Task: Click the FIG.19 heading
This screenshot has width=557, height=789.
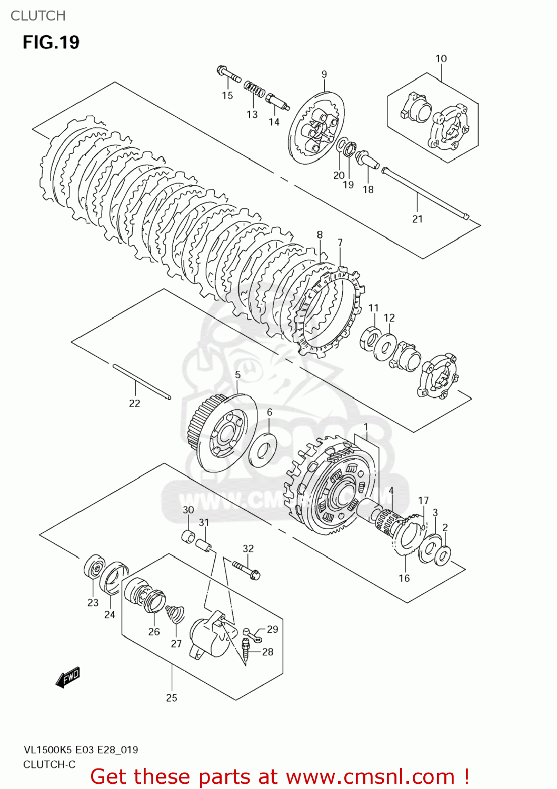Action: (x=51, y=42)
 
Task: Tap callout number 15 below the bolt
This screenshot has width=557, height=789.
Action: (x=227, y=95)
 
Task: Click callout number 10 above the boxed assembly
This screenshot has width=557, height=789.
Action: (x=441, y=58)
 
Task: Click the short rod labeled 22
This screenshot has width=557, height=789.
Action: (x=141, y=382)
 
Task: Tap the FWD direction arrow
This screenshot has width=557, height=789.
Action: (x=68, y=677)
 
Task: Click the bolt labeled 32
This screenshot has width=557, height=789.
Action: (x=246, y=570)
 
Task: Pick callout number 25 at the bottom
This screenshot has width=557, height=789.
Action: (x=172, y=697)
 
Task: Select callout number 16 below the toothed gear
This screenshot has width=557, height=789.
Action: (x=404, y=578)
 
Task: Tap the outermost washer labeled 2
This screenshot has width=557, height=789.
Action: (x=443, y=555)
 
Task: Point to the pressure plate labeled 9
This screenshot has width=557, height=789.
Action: (x=316, y=129)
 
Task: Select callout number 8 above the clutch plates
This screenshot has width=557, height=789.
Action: (x=320, y=235)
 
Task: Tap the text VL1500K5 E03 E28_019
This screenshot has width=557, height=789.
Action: (x=81, y=750)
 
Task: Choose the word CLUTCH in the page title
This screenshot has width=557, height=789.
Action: (x=38, y=16)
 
